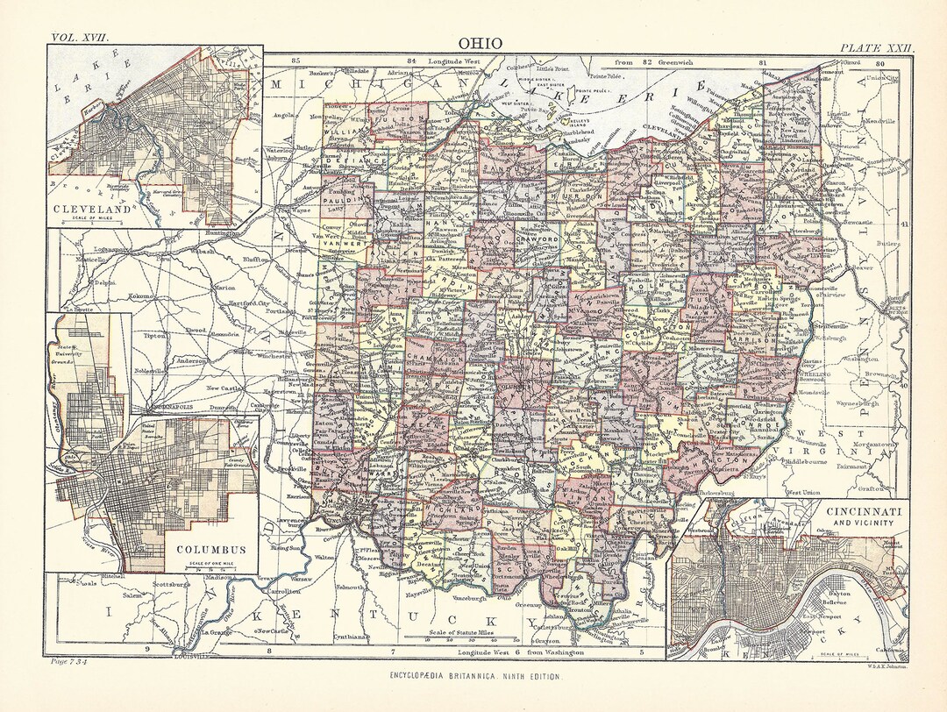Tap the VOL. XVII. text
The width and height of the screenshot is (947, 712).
tap(79, 38)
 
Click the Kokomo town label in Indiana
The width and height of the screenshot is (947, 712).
tap(143, 296)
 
